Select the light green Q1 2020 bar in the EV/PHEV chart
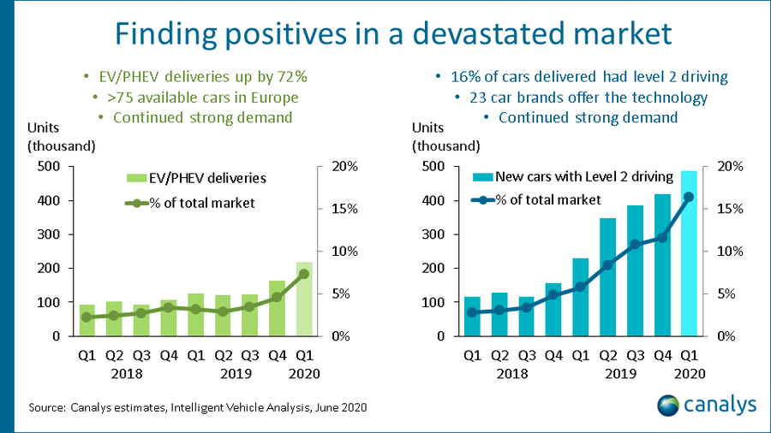(304, 299)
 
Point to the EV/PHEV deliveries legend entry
(196, 179)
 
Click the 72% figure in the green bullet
(290, 76)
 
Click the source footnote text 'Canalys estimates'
(114, 407)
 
